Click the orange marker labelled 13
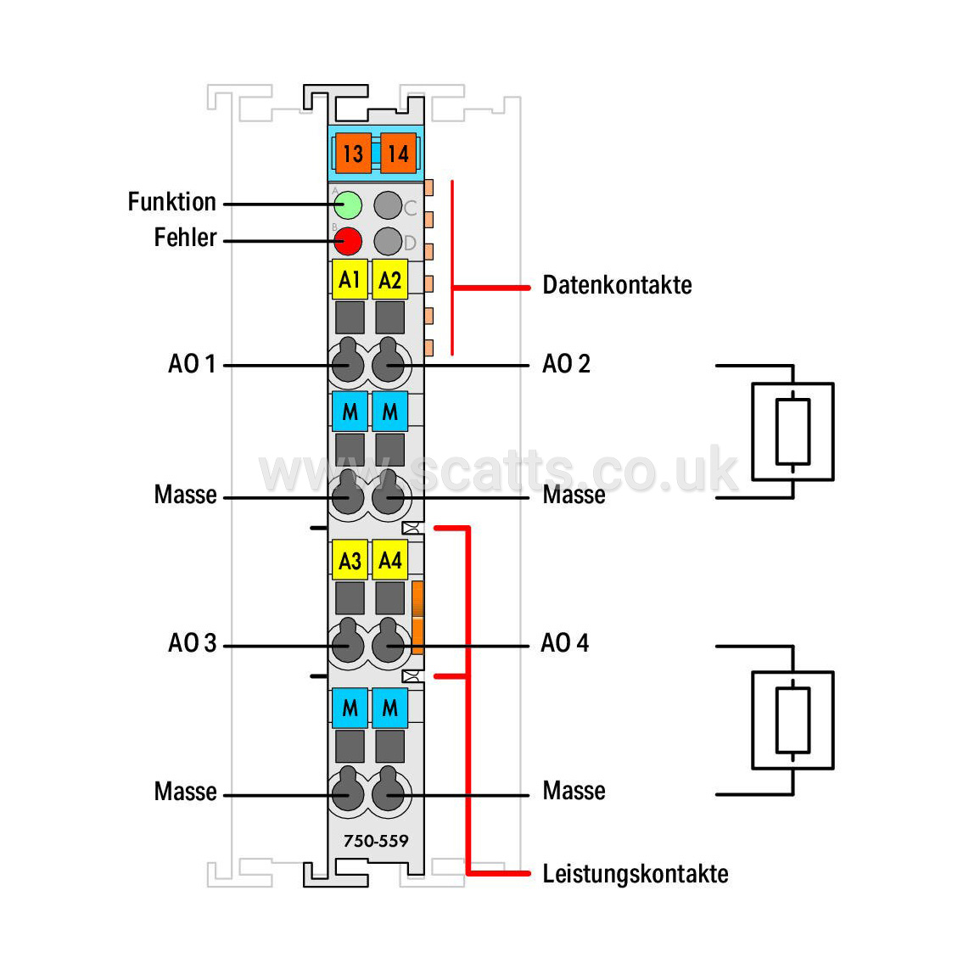(354, 154)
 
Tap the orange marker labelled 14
(399, 154)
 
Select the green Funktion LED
(348, 204)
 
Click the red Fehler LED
(348, 241)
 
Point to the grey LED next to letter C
(388, 204)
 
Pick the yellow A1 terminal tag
(350, 280)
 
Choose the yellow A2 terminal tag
(390, 280)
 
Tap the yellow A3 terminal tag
(350, 560)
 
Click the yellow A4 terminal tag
(390, 560)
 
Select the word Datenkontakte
(618, 285)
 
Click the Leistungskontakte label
(636, 874)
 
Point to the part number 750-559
(376, 841)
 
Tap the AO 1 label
(193, 363)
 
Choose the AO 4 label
(565, 642)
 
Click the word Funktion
(171, 201)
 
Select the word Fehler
(185, 238)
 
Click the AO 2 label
(566, 363)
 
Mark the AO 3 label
(193, 642)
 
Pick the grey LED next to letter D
(388, 241)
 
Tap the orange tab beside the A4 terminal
(417, 618)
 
